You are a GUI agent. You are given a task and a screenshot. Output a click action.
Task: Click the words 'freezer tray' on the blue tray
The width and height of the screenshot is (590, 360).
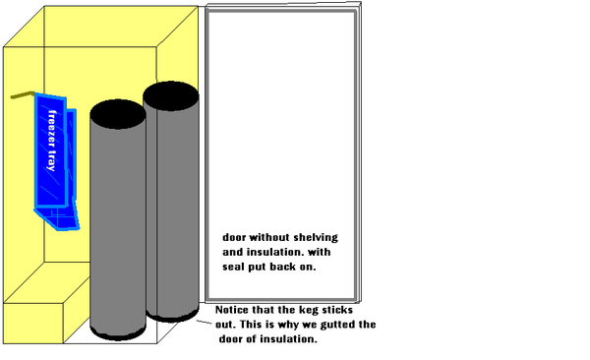(52, 141)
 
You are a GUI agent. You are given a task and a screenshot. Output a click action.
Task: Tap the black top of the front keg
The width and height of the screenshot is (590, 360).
(118, 114)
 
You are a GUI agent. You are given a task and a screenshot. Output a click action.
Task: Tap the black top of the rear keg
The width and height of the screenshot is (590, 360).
(171, 96)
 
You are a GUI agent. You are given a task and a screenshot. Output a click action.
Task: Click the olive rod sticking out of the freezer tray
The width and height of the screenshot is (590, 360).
(23, 94)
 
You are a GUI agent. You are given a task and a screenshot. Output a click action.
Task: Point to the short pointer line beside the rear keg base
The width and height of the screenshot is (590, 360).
(205, 323)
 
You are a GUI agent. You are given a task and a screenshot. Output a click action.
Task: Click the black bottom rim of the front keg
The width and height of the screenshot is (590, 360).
(118, 333)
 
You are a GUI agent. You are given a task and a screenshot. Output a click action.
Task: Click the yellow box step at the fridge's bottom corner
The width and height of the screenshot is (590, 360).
(33, 323)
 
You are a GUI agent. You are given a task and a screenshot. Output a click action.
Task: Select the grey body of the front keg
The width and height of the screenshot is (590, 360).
(118, 226)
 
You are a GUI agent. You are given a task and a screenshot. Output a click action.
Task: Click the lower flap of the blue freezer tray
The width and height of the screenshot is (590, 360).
(58, 217)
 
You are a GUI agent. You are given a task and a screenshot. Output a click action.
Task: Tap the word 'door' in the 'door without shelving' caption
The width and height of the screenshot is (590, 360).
(234, 238)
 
